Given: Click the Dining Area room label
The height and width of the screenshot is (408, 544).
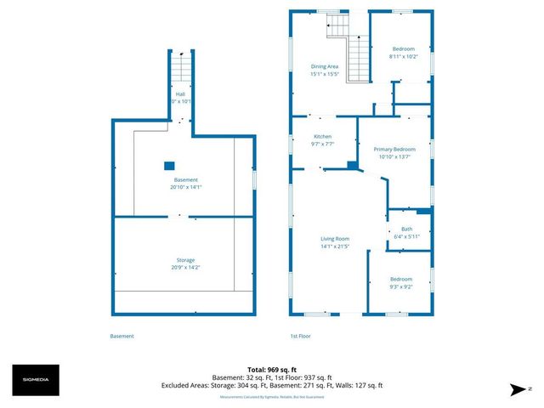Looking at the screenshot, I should (325, 66).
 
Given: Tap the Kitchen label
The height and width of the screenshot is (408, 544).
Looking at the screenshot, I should (323, 137).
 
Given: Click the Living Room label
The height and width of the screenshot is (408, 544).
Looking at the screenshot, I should (335, 239).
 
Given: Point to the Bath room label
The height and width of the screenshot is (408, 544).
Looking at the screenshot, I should (406, 229).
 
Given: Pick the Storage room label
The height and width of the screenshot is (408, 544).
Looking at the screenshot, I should (185, 260).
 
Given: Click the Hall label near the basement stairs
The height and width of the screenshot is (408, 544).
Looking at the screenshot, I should (180, 94).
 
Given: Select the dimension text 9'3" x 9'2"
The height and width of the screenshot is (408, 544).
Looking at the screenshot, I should (400, 286).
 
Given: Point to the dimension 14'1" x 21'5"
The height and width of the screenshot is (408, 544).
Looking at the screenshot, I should (335, 246).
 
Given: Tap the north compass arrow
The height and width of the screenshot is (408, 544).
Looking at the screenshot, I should (515, 389).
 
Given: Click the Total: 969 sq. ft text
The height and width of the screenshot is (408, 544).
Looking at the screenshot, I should (271, 370).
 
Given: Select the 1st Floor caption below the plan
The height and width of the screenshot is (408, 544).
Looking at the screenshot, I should (301, 336).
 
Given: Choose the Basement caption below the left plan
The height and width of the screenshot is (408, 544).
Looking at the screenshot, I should (122, 336).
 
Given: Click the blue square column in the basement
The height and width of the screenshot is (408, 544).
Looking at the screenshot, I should (169, 166).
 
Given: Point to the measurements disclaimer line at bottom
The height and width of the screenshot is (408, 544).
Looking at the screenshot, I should (271, 397).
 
